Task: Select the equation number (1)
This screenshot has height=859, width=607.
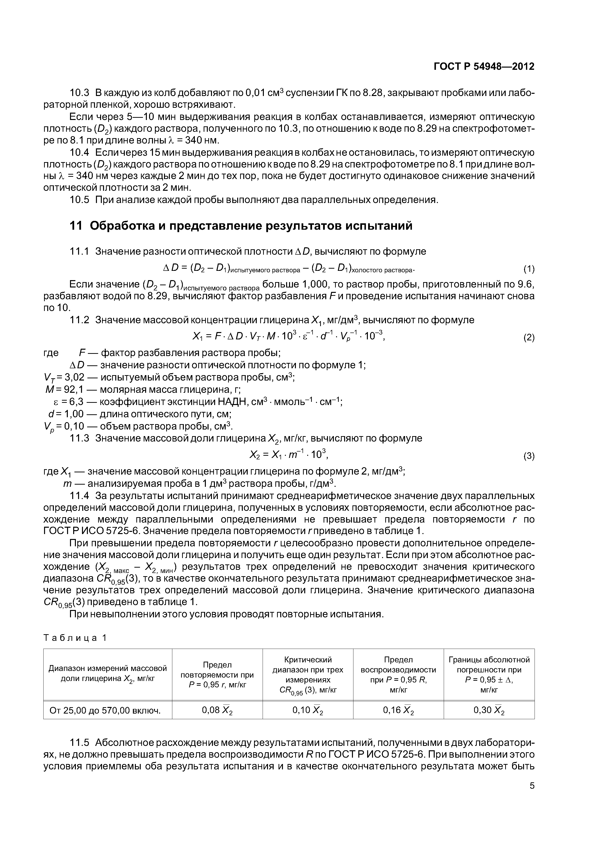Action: pyautogui.click(x=528, y=269)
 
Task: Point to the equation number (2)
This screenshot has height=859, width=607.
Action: pyautogui.click(x=528, y=338)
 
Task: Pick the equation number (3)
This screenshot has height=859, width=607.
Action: pyautogui.click(x=528, y=456)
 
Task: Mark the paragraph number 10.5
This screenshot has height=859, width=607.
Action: pyautogui.click(x=80, y=200)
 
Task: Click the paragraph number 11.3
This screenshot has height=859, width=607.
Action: pyautogui.click(x=80, y=438)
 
